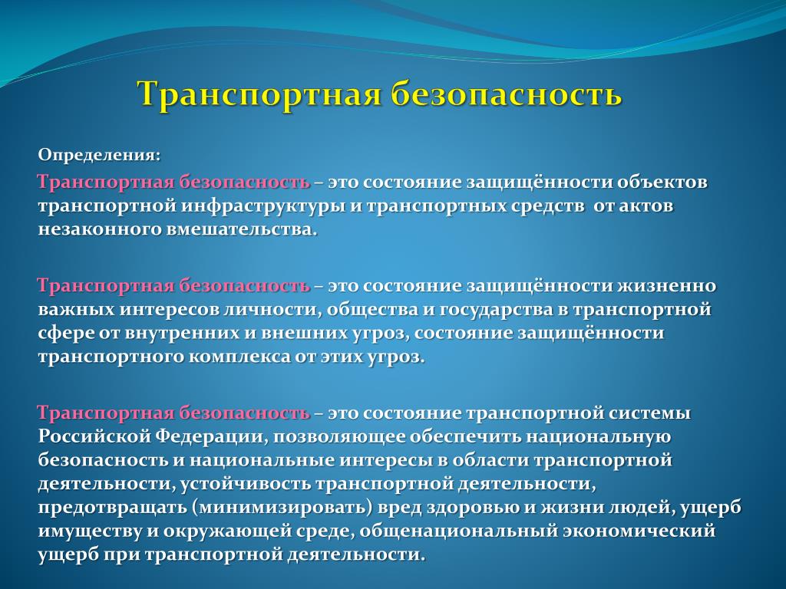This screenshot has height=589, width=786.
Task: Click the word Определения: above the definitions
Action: (99, 156)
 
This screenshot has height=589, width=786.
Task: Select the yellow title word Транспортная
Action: (259, 94)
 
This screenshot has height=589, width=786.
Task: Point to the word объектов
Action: (662, 182)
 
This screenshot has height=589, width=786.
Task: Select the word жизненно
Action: (666, 286)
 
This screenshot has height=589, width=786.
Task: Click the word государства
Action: (497, 310)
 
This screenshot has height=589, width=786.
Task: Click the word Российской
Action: (93, 436)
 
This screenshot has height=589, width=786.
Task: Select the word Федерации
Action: (209, 436)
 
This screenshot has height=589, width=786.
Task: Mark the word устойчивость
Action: (245, 484)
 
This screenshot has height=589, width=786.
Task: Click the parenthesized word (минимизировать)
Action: (282, 508)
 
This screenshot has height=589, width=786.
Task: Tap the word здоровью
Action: (473, 508)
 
